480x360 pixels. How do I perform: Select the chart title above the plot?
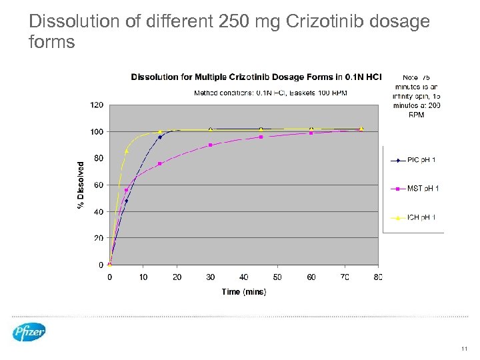(x=257, y=77)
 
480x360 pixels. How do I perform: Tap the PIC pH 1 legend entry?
(x=414, y=160)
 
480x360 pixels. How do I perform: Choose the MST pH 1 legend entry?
(x=414, y=189)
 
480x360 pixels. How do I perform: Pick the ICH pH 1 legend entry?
(x=414, y=217)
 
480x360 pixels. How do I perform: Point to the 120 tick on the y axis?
(x=97, y=105)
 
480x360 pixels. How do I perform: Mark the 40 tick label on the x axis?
(x=244, y=277)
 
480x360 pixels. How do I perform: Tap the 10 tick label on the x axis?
(x=143, y=277)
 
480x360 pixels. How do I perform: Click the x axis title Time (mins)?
(x=243, y=291)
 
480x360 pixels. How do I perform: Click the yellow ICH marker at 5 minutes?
(x=127, y=151)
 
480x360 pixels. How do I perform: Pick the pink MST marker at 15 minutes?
(x=160, y=163)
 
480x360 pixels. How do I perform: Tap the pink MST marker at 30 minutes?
(x=211, y=145)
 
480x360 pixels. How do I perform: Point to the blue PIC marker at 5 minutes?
(x=126, y=201)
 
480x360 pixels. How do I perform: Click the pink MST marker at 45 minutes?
(x=261, y=137)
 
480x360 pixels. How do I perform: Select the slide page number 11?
(x=465, y=348)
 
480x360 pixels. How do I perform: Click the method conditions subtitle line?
(x=270, y=92)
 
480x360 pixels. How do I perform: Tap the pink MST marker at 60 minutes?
(x=311, y=133)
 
